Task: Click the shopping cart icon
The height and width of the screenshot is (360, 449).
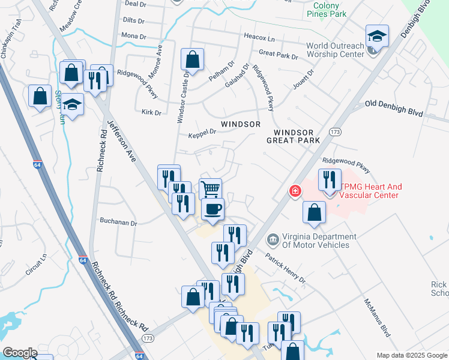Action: pos(210,189)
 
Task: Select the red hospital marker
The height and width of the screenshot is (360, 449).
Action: pos(295,191)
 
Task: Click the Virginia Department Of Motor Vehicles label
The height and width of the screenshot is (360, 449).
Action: pos(315,240)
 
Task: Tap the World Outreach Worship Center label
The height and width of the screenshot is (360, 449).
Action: pos(335,50)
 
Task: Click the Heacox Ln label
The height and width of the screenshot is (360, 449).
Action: pos(259,37)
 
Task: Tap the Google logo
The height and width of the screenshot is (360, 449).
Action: pos(20,353)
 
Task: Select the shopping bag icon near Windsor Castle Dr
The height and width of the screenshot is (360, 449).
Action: pos(193,59)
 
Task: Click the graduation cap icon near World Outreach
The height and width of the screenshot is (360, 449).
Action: pos(377,36)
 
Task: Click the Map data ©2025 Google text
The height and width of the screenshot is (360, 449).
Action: pos(411,355)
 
